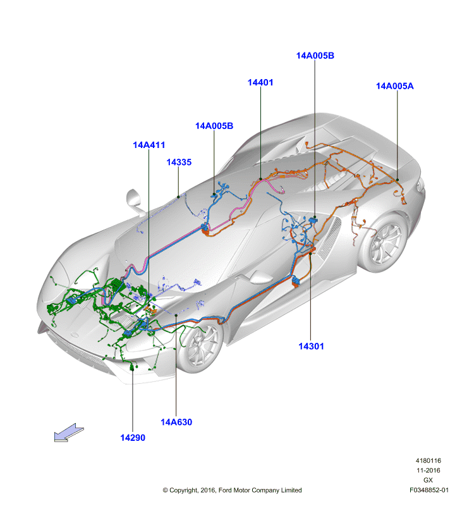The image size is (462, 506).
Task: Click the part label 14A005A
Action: (394, 86)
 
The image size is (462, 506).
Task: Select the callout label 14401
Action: (260, 83)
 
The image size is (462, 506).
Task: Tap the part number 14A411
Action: (149, 145)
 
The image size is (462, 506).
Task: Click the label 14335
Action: (179, 163)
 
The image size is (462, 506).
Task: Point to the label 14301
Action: (311, 346)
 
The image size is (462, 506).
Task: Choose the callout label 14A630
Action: (176, 422)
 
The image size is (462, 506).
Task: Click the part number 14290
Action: (133, 438)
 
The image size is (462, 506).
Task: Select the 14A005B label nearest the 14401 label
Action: (214, 126)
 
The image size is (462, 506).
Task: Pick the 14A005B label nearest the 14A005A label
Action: (315, 56)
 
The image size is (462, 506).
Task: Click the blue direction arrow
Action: (68, 433)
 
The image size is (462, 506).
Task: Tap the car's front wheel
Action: (200, 347)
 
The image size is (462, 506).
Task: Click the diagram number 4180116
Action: (428, 460)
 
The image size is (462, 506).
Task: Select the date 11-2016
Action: (428, 470)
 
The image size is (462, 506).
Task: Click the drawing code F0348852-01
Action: (429, 490)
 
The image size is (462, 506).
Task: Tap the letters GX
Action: (428, 480)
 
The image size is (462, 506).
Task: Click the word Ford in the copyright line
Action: (225, 490)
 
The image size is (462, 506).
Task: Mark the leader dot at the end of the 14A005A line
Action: (397, 180)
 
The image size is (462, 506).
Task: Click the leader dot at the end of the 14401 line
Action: (260, 178)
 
